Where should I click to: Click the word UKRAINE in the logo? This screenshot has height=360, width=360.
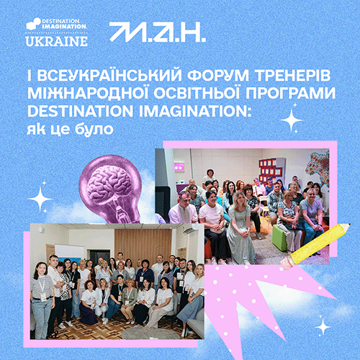tap(56, 41)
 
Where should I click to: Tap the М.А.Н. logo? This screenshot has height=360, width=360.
tap(158, 32)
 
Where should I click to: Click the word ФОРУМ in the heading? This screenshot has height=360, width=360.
tap(218, 75)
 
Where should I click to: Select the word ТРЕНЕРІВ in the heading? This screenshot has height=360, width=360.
tap(292, 75)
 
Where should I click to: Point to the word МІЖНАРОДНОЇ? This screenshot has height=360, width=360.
tap(87, 93)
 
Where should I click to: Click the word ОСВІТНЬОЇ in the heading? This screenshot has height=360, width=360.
tap(197, 93)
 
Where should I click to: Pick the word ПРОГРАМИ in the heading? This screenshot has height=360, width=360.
tap(290, 93)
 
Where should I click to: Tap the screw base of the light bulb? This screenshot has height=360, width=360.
tap(125, 212)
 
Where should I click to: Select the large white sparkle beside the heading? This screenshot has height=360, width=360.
tap(292, 120)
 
